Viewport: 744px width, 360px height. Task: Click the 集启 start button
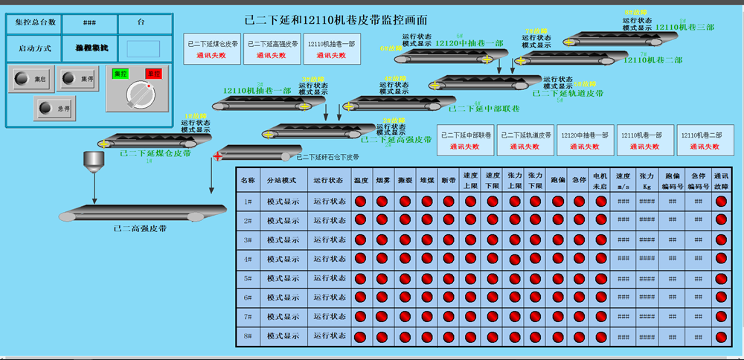31,78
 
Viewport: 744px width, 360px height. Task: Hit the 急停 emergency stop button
54,108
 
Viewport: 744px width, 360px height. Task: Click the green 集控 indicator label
120,73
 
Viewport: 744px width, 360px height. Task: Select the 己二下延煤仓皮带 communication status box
212,48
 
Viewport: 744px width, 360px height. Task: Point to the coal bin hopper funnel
94,161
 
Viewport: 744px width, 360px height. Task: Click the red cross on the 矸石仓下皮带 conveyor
217,155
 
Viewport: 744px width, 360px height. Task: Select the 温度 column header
361,180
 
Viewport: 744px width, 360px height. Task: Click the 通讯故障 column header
721,180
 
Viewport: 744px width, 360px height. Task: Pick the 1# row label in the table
248,201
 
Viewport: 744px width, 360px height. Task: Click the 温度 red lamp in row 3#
361,240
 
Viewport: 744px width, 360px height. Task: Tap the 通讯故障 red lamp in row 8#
721,336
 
